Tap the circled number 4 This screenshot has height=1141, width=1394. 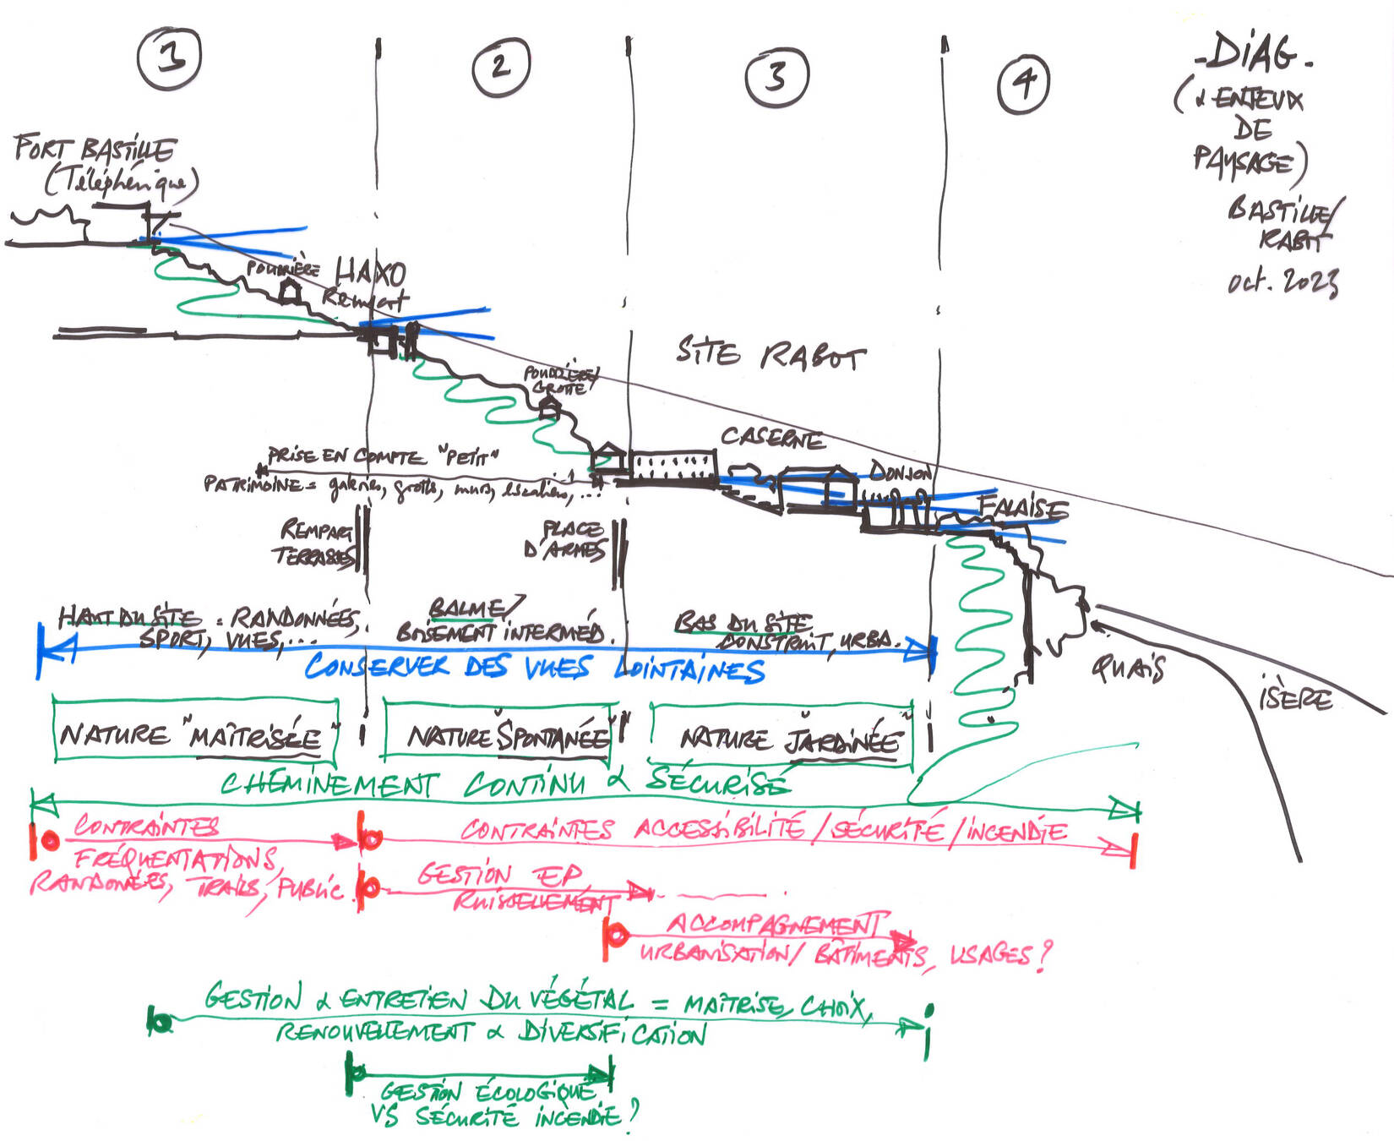[1024, 83]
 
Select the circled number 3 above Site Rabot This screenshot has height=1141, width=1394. [776, 76]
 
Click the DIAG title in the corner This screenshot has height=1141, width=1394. [1255, 54]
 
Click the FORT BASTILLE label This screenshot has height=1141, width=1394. [95, 150]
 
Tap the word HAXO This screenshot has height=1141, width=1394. [370, 273]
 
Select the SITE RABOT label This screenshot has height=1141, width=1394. [770, 353]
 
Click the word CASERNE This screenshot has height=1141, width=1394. [771, 438]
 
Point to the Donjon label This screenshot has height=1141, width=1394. [900, 472]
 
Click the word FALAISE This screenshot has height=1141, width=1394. [1023, 507]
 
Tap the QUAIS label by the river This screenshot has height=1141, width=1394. [1128, 669]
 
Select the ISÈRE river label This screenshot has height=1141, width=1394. [1295, 697]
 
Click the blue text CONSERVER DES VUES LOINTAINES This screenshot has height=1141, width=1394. [534, 668]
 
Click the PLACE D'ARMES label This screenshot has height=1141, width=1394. [573, 539]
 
